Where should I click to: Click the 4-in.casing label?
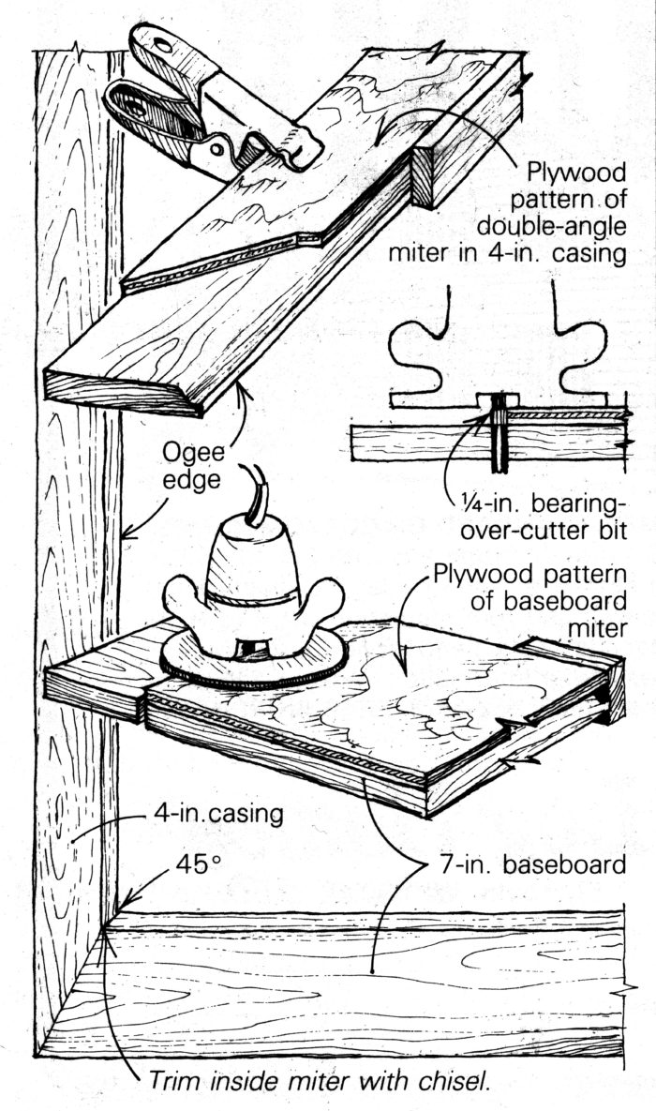coord(217,814)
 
